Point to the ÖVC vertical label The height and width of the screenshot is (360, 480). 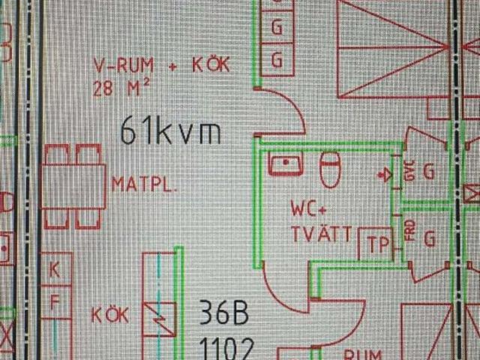(x=409, y=172)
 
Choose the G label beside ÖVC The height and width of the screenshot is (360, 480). (x=428, y=172)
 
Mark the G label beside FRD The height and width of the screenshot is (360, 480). (x=430, y=238)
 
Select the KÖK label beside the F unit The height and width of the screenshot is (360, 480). (x=110, y=315)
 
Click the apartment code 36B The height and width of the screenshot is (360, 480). (x=223, y=314)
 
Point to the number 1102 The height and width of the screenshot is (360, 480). (x=226, y=348)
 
